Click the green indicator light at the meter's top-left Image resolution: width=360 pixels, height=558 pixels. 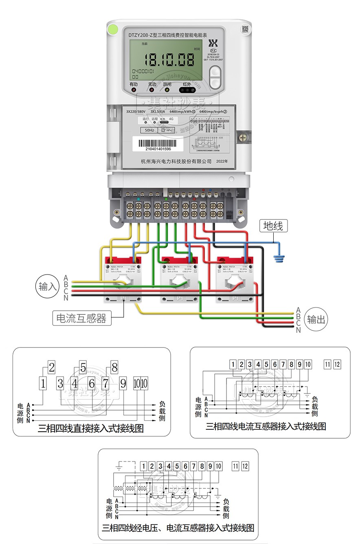click(x=112, y=29)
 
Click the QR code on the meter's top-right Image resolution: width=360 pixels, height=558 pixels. click(x=245, y=29)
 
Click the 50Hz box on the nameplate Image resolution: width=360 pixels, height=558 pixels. click(x=149, y=130)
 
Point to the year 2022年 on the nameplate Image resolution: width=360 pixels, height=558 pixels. click(x=223, y=161)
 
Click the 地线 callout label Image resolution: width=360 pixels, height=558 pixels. click(x=273, y=226)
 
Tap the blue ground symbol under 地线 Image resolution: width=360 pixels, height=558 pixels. click(x=279, y=257)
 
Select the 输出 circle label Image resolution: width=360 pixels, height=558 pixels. click(x=316, y=319)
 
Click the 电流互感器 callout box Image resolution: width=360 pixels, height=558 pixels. click(x=83, y=318)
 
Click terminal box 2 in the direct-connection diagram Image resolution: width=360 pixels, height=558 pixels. click(x=51, y=367)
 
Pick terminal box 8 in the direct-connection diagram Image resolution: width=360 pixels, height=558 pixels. click(x=114, y=367)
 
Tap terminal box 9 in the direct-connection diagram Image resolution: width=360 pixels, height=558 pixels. click(x=123, y=383)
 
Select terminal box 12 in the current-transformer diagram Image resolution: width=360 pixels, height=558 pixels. click(x=337, y=364)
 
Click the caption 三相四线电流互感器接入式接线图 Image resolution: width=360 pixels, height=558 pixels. click(x=266, y=426)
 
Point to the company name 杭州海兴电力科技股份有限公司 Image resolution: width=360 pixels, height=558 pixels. click(x=176, y=161)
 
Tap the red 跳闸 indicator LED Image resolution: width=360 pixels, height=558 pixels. click(x=167, y=90)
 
